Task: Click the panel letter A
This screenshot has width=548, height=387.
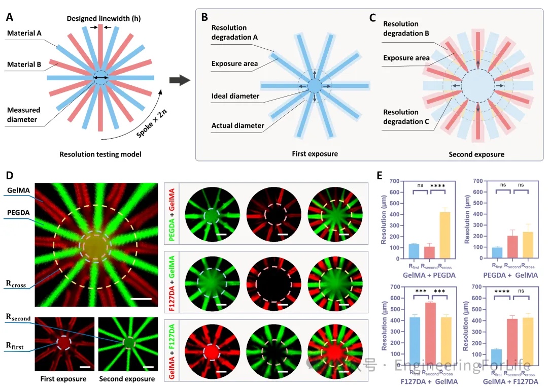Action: pos(10,17)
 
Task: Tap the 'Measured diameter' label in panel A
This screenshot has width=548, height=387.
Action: pos(23,114)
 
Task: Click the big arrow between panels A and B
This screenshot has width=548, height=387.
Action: pos(180,80)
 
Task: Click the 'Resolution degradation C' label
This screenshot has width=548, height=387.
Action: pos(401,116)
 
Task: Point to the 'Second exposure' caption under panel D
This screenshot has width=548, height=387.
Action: pos(126,378)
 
